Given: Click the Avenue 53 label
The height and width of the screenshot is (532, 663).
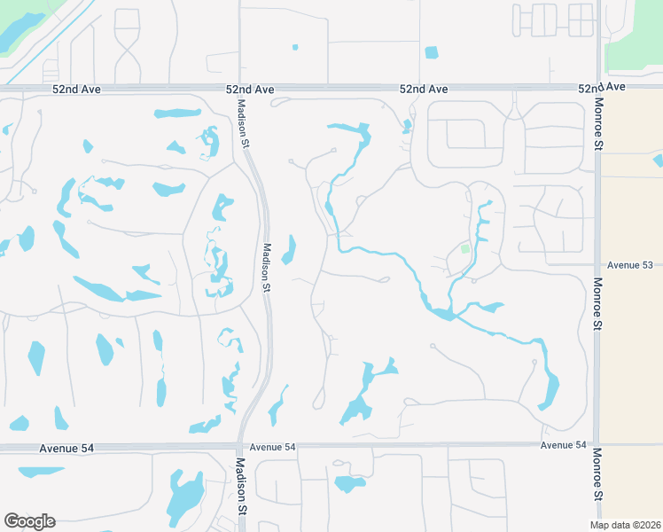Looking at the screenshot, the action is point(629,265).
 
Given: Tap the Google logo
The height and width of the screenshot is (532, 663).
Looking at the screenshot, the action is point(29,521).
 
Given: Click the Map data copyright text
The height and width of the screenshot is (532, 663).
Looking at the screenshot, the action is point(625,525).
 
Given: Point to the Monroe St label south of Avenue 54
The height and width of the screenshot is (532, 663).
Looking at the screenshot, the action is point(597,469).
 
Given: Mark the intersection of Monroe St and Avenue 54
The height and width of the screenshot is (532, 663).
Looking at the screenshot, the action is point(596,445).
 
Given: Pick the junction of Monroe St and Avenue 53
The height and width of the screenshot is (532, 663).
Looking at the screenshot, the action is point(596,265).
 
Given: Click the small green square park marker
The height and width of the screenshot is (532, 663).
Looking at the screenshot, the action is point(464,249).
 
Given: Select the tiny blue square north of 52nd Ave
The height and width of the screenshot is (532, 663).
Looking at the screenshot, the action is point(295,47).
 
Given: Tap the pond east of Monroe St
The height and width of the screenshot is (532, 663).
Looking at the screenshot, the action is point(658,160).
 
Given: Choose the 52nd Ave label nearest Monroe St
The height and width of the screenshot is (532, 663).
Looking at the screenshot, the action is point(602,88).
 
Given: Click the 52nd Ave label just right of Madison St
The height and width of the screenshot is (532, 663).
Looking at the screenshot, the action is point(250,90).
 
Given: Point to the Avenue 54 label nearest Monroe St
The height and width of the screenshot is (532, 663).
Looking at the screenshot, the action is point(563,445).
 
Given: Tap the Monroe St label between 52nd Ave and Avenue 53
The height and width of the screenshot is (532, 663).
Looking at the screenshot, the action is point(598,132).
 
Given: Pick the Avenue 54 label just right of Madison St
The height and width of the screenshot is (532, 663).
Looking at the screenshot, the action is point(272,447).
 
